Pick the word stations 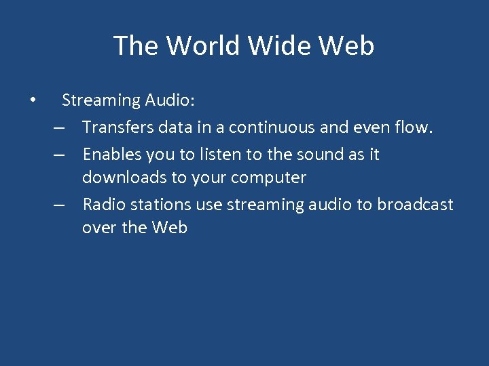[x=156, y=205]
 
